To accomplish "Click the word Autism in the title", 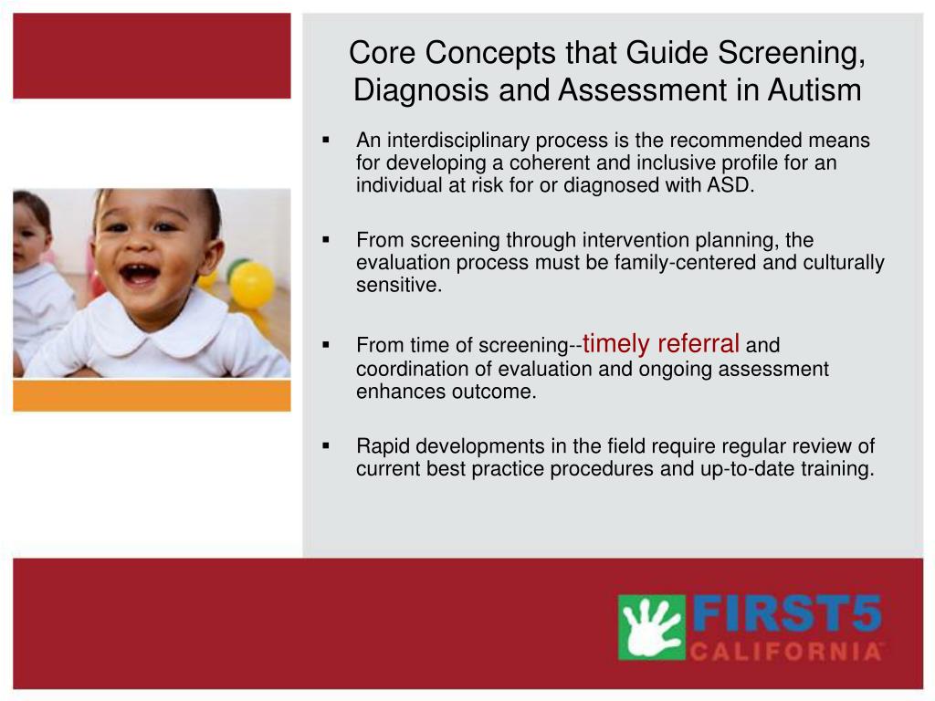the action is [814, 90].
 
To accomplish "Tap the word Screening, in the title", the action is [792, 54].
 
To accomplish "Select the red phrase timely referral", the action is [661, 343].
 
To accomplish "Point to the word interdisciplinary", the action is [458, 141].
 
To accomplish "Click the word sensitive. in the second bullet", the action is [399, 285].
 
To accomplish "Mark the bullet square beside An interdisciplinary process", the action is [326, 140].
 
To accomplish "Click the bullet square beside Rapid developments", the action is [326, 445].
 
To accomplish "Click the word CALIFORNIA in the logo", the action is [786, 651].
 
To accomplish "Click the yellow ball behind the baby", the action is [252, 285].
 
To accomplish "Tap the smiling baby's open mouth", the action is [140, 275].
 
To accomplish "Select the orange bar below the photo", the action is [152, 396].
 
